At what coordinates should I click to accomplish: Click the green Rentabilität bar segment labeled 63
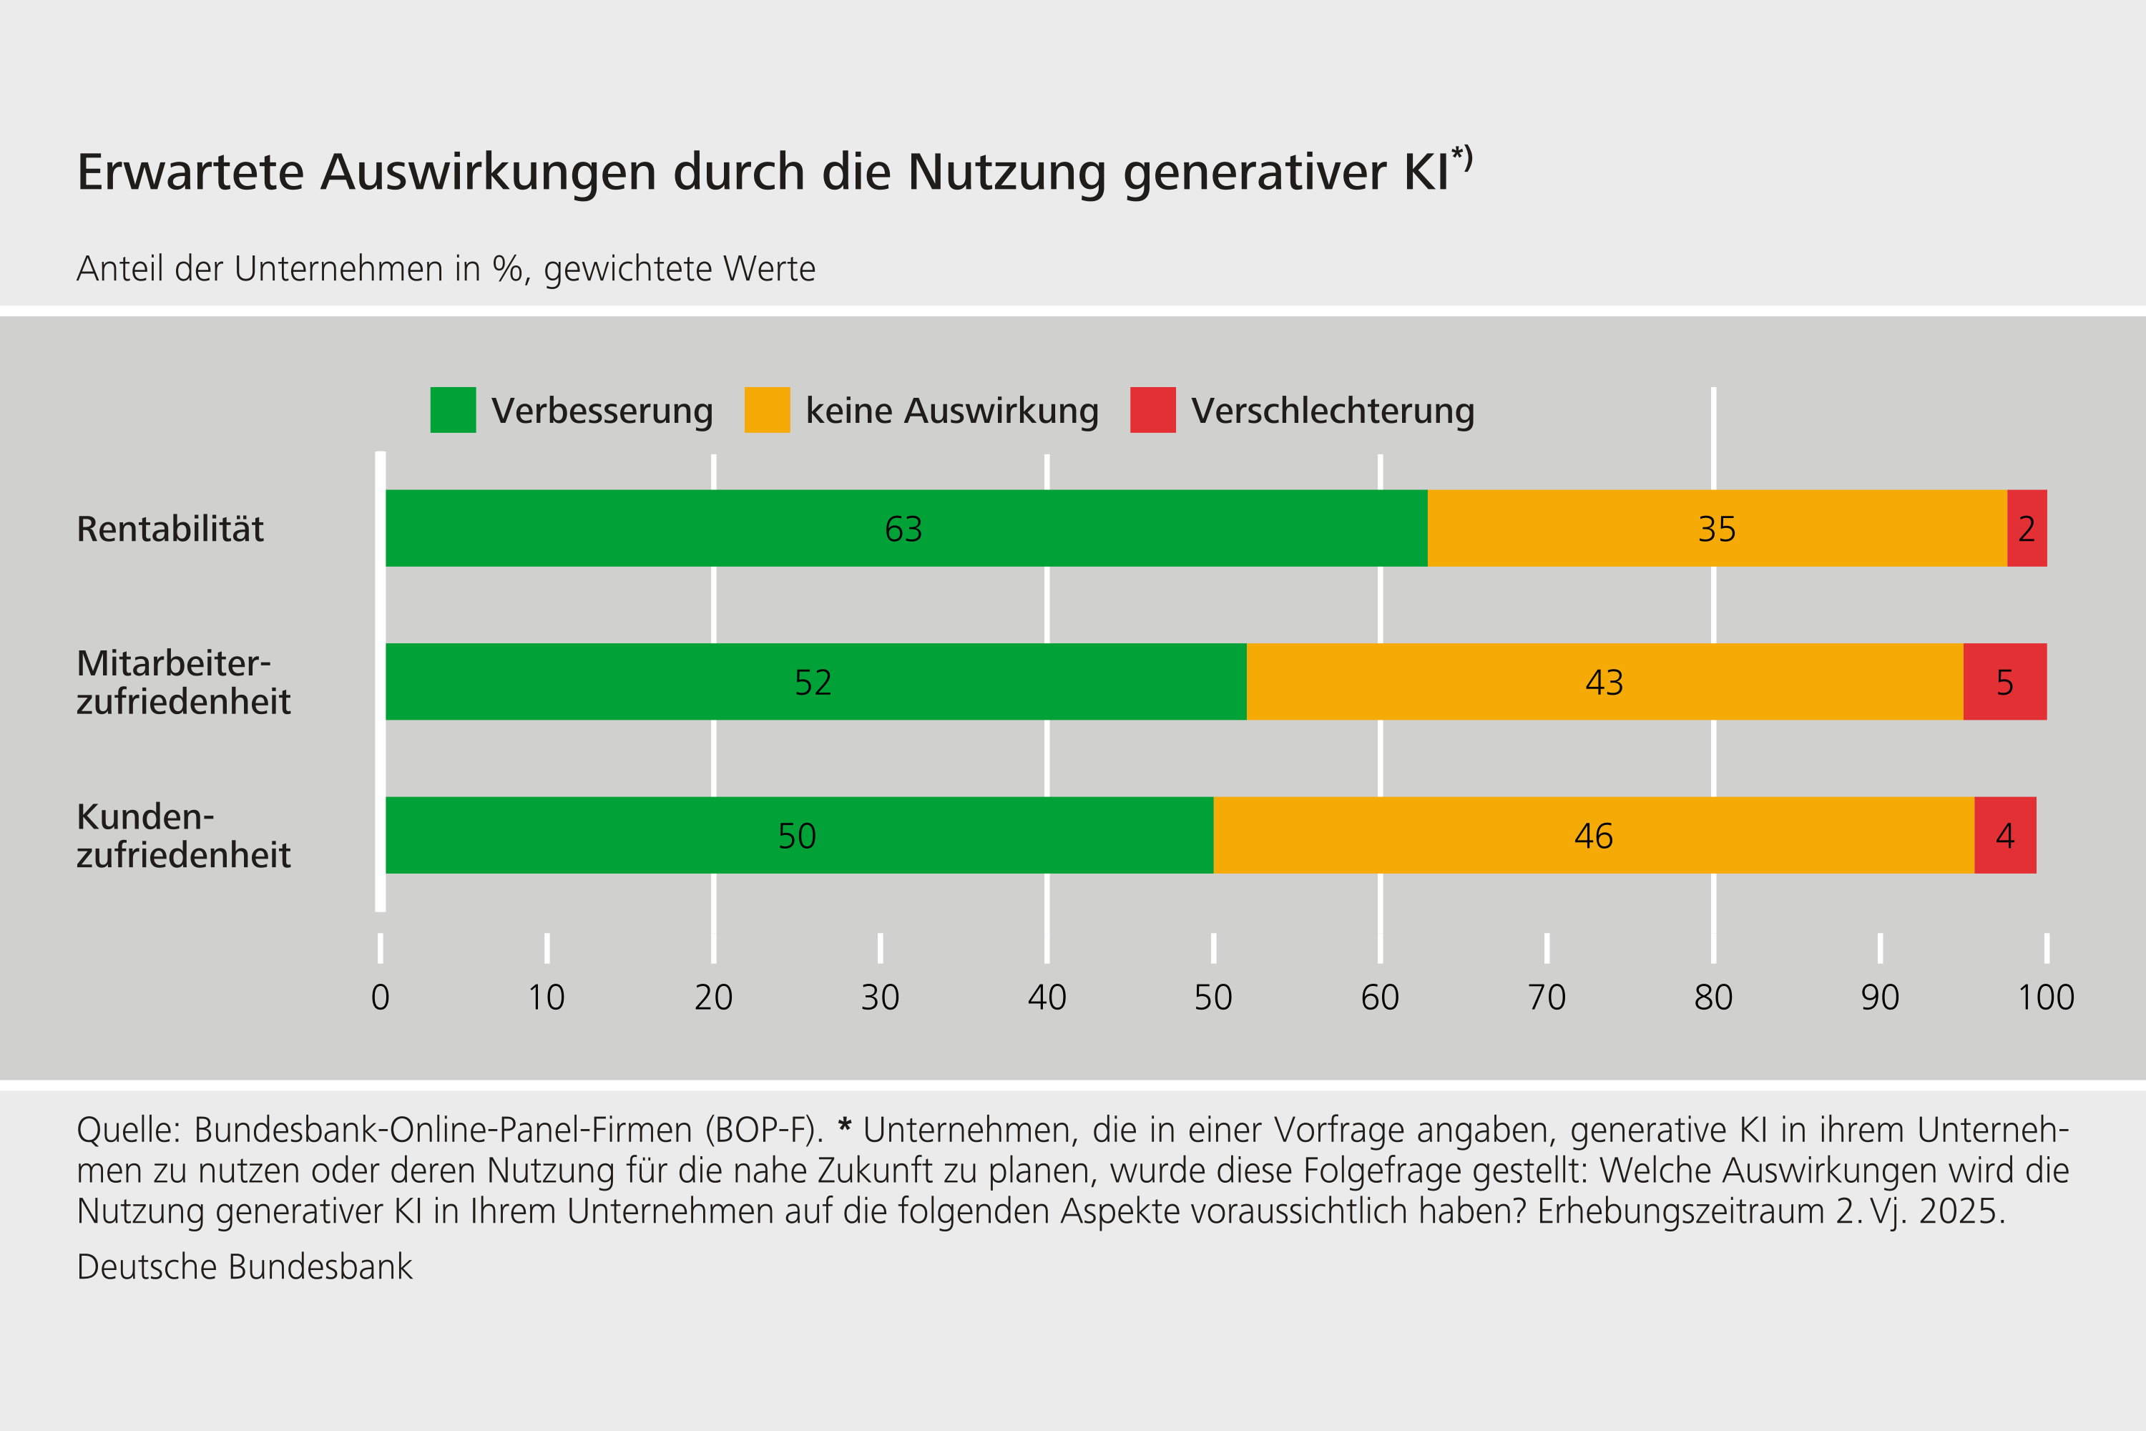(906, 529)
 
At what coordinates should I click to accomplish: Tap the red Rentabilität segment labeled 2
(2027, 529)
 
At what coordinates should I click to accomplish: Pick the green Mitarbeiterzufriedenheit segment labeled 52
(815, 682)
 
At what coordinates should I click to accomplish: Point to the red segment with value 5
(2004, 682)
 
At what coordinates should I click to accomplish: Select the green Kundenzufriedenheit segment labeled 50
(798, 835)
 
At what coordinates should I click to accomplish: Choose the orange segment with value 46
(1593, 835)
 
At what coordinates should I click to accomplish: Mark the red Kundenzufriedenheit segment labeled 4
(2004, 835)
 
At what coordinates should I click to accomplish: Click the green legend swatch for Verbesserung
(453, 410)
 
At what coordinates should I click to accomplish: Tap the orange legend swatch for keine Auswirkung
(766, 410)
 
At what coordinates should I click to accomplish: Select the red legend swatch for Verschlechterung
(1152, 410)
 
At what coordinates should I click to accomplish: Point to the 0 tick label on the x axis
(381, 997)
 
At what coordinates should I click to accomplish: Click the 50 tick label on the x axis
(1212, 997)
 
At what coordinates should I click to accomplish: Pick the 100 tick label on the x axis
(2046, 997)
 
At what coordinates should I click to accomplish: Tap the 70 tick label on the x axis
(1547, 997)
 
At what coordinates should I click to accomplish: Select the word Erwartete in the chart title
(190, 172)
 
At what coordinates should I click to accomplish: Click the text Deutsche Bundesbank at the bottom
(245, 1266)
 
